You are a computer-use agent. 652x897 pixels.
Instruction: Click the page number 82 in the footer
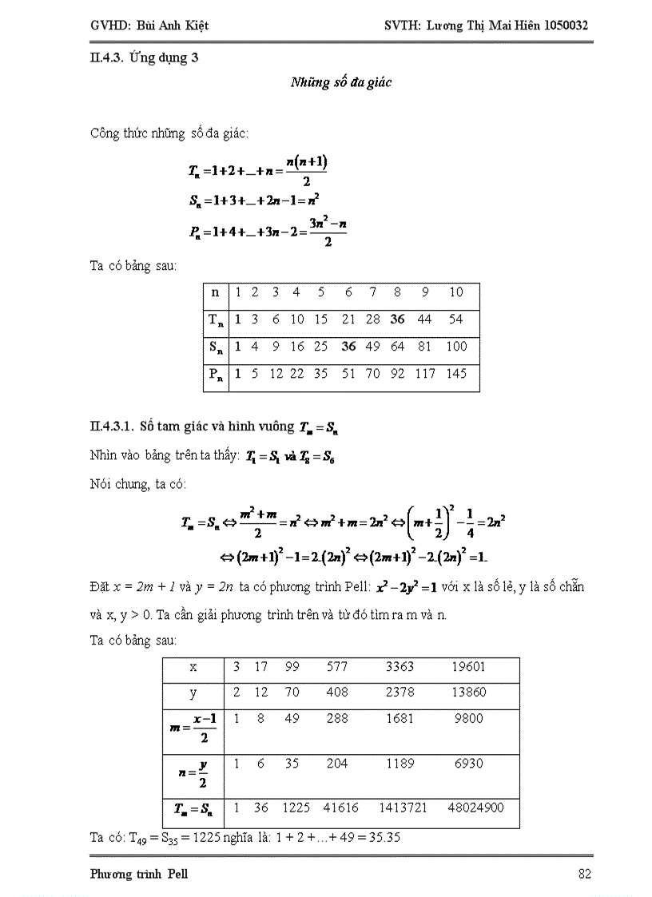click(584, 874)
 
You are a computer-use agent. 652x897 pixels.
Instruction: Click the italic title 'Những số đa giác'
click(340, 82)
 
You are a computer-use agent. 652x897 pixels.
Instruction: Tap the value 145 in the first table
click(456, 374)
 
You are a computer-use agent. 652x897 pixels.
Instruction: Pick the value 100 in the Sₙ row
click(456, 347)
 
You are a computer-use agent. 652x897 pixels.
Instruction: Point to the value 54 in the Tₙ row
click(455, 320)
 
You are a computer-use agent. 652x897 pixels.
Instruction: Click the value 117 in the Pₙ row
click(425, 374)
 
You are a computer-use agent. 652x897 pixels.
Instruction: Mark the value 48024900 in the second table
click(475, 808)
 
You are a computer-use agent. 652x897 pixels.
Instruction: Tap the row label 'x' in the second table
click(193, 667)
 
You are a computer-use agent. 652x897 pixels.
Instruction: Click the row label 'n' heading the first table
click(214, 292)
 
